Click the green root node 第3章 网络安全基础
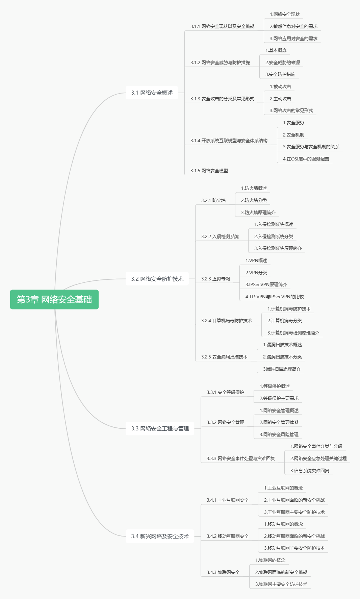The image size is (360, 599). [54, 299]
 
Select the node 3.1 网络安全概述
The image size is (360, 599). [152, 93]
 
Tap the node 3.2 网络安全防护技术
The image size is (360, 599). [157, 279]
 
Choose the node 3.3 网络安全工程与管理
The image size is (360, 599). [160, 428]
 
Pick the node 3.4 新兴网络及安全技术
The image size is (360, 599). [160, 536]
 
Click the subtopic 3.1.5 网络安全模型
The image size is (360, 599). [209, 171]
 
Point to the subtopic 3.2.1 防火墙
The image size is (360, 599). [213, 200]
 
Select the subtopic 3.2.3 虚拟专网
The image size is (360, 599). [215, 279]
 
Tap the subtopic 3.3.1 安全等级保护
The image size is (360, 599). [225, 392]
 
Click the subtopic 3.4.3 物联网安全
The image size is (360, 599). [223, 572]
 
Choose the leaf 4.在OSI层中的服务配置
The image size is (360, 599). [306, 159]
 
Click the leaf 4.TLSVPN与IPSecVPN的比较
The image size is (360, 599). [275, 297]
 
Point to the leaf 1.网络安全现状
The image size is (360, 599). [285, 14]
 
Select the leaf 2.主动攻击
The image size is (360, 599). [280, 99]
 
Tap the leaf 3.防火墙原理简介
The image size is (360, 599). [258, 213]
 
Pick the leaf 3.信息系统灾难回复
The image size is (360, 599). [310, 471]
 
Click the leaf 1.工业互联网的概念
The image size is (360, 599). [283, 488]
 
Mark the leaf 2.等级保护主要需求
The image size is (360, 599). [279, 398]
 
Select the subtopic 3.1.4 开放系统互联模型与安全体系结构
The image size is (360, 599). [229, 141]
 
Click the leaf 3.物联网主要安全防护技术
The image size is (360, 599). [281, 584]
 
